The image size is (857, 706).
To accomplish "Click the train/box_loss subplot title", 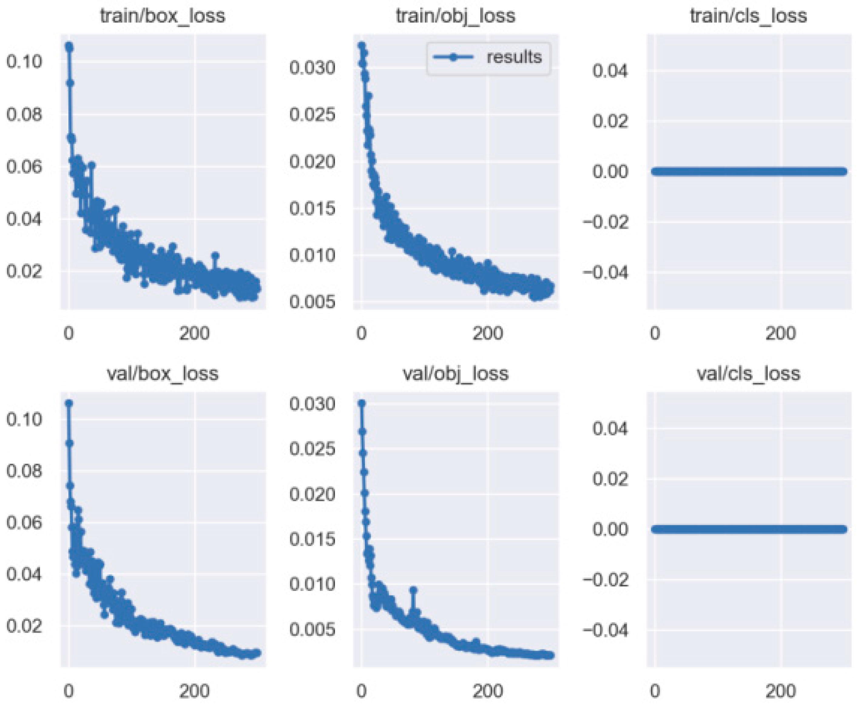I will (x=162, y=16).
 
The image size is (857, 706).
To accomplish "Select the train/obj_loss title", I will (x=455, y=16).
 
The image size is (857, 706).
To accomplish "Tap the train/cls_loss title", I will (x=748, y=16).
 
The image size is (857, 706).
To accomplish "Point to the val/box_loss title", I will (x=162, y=373).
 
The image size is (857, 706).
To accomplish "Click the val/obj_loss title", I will (x=455, y=373).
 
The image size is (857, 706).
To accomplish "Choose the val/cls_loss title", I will (x=748, y=373).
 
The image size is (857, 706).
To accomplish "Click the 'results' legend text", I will (x=514, y=57).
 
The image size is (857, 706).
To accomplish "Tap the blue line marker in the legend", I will (x=453, y=57).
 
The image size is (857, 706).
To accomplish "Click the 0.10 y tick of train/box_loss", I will (x=24, y=62).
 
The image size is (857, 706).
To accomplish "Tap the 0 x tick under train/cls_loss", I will (x=654, y=333).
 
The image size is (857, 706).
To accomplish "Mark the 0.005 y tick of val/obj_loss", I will (x=312, y=630).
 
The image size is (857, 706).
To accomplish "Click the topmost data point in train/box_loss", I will (x=69, y=47).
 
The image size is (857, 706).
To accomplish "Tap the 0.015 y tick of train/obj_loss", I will (x=312, y=208).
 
